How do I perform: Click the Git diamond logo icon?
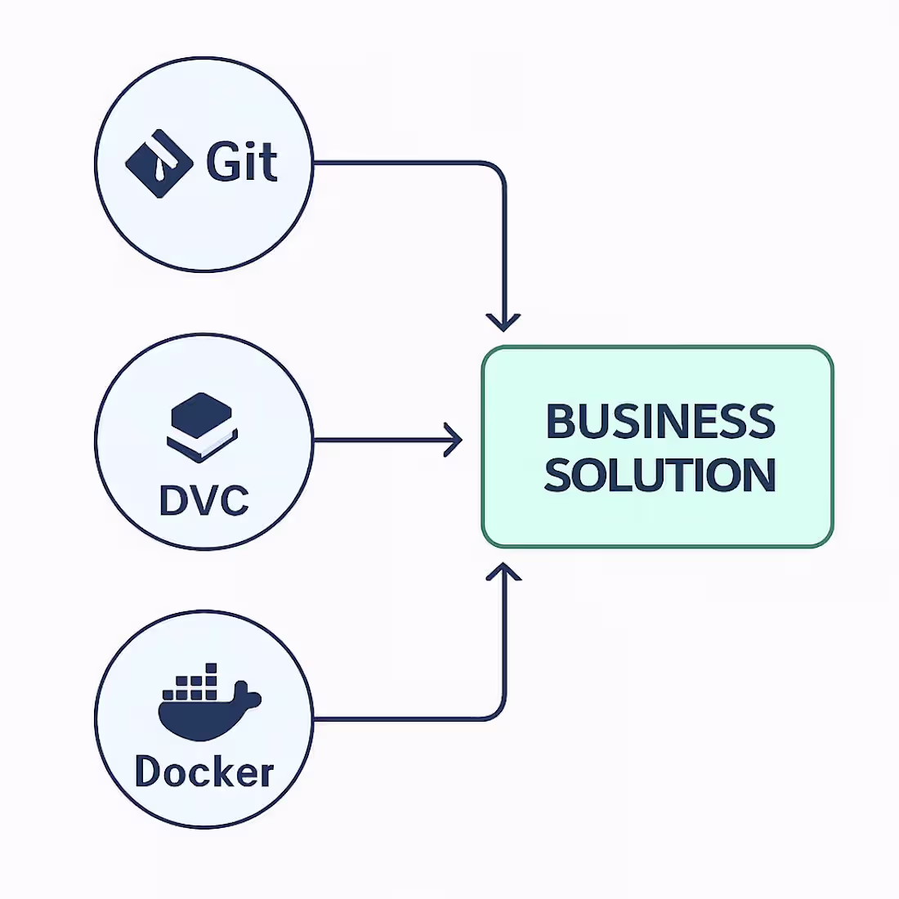pyautogui.click(x=159, y=163)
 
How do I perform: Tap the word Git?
pyautogui.click(x=241, y=161)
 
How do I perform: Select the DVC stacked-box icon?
pyautogui.click(x=202, y=426)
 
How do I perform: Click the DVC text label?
pyautogui.click(x=204, y=500)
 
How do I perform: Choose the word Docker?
pyautogui.click(x=204, y=772)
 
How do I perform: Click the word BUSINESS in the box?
pyautogui.click(x=660, y=421)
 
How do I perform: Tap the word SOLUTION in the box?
pyautogui.click(x=660, y=475)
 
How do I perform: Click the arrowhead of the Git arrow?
pyautogui.click(x=504, y=322)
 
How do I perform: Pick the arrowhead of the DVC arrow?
pyautogui.click(x=454, y=441)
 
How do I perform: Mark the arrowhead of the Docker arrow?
pyautogui.click(x=504, y=571)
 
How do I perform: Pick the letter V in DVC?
pyautogui.click(x=204, y=500)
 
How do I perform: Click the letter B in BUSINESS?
pyautogui.click(x=560, y=421)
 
